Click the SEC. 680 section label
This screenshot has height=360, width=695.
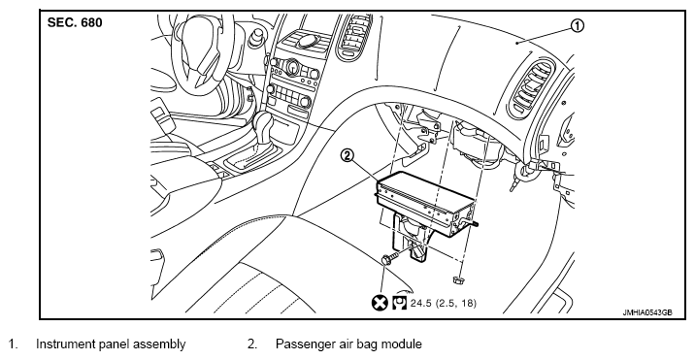click(75, 22)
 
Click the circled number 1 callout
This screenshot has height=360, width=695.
click(577, 26)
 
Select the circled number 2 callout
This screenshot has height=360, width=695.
click(347, 155)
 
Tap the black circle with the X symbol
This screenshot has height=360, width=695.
click(380, 304)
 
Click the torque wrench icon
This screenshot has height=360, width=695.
click(399, 304)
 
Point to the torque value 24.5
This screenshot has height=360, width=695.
click(421, 304)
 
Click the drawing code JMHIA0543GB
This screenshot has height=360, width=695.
click(647, 312)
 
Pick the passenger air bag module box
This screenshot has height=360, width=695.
click(424, 204)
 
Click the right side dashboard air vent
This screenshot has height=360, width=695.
click(532, 88)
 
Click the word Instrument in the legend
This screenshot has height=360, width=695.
click(67, 344)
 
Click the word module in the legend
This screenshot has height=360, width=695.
click(401, 344)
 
